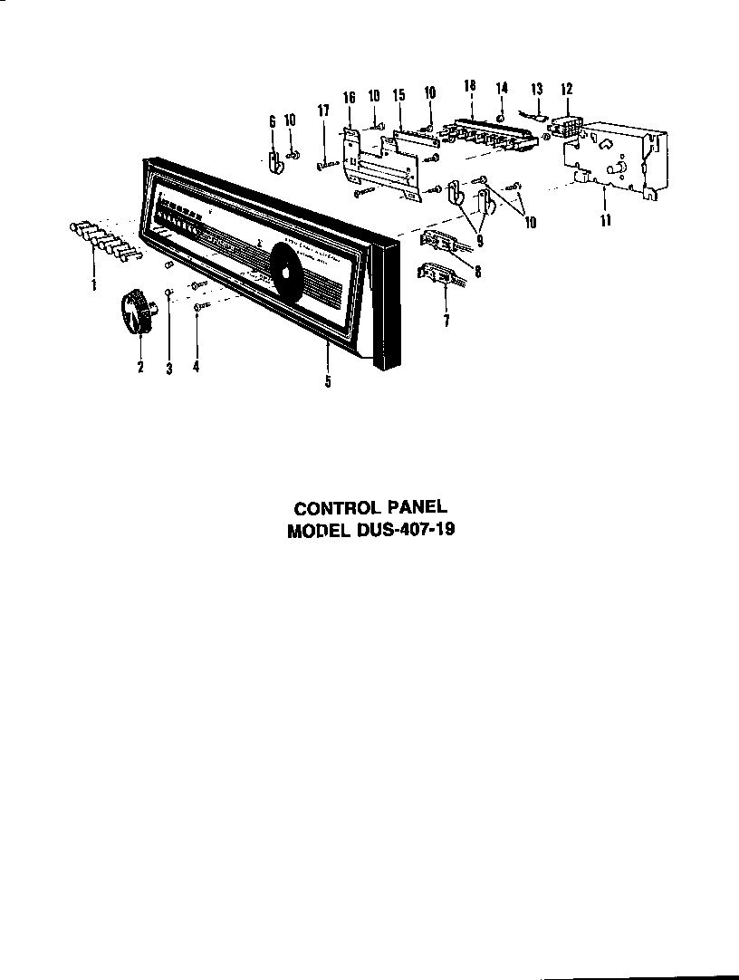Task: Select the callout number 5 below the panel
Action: pos(328,381)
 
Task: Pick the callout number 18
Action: pos(469,85)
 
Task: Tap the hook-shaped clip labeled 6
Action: pos(273,160)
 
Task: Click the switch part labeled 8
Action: pos(443,243)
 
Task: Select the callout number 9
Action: pos(479,242)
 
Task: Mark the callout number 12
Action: pos(567,89)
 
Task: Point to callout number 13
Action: pos(536,89)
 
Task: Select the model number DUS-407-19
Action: pos(406,531)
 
